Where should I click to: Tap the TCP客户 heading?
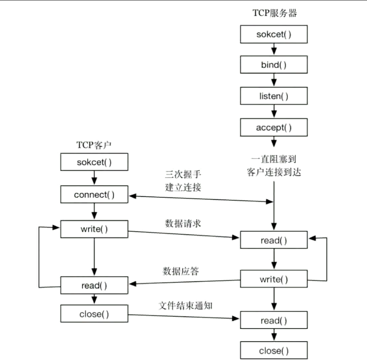(x=94, y=145)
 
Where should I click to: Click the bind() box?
(x=274, y=65)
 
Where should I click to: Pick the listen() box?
(x=274, y=96)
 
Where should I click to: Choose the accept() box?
(x=274, y=127)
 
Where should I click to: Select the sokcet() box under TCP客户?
(x=94, y=162)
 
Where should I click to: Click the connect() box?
(x=94, y=195)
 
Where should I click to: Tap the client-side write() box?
(x=94, y=229)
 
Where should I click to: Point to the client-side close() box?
(x=94, y=314)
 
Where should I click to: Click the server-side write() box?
(x=274, y=279)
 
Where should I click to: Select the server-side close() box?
(x=274, y=350)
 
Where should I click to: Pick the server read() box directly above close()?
(x=274, y=320)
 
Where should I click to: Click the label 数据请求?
(x=183, y=224)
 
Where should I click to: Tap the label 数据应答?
(x=181, y=271)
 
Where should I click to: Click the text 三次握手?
(x=183, y=174)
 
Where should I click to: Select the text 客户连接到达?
(x=274, y=172)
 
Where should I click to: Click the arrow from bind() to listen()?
(x=274, y=80)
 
